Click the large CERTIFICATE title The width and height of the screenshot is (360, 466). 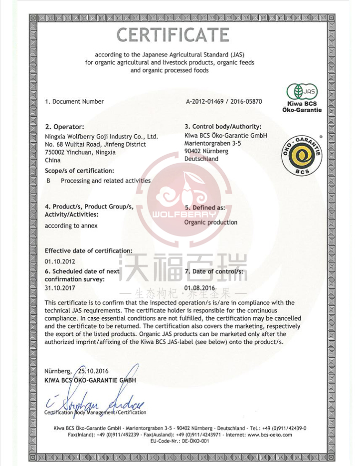(x=173, y=34)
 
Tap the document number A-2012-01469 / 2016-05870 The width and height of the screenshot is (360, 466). (x=223, y=101)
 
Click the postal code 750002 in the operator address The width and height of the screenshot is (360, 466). (x=55, y=152)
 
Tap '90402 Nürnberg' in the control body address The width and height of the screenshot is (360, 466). (x=206, y=151)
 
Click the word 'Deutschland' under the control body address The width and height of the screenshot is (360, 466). (x=201, y=159)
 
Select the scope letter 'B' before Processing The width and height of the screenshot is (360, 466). (x=48, y=181)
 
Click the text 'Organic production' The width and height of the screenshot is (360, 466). (x=211, y=222)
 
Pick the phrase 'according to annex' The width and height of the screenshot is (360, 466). (x=71, y=226)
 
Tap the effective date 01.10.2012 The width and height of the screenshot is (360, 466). (x=60, y=261)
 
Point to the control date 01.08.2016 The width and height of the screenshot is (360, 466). (x=199, y=288)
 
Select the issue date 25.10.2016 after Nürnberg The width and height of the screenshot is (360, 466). (x=93, y=371)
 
